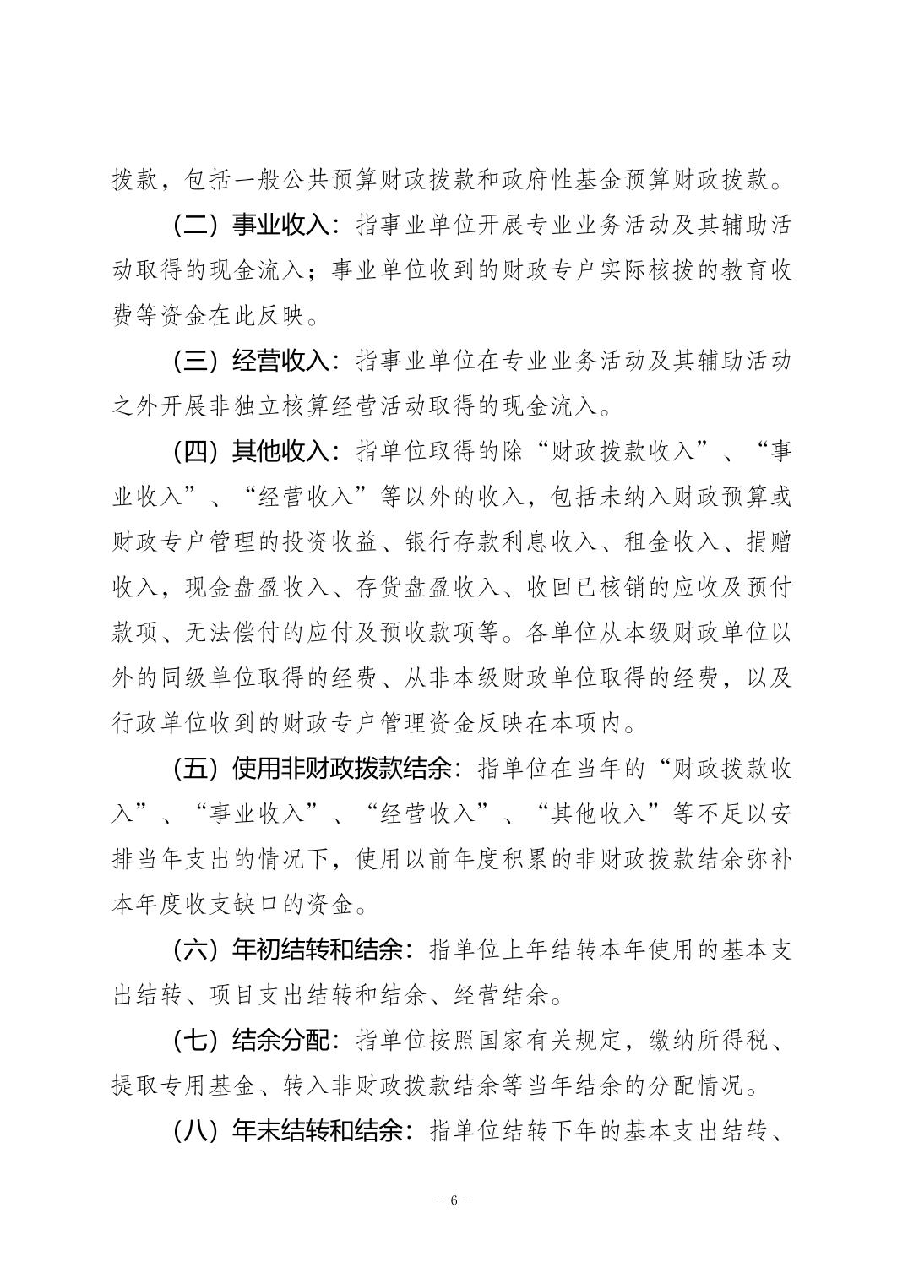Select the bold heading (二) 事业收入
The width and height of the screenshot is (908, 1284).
click(254, 226)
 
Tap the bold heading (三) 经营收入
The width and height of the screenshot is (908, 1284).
click(254, 362)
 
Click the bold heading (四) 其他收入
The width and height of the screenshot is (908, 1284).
click(254, 451)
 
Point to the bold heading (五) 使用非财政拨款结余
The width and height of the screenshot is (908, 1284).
click(314, 769)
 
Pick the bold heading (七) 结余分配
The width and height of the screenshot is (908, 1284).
click(254, 1040)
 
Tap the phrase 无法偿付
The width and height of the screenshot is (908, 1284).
click(220, 632)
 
